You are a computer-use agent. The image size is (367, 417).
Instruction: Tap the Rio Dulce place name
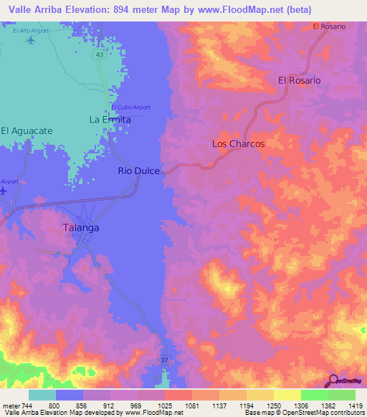[138, 171]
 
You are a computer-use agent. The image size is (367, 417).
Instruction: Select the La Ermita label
[110, 120]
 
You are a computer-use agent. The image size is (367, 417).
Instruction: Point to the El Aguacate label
[27, 131]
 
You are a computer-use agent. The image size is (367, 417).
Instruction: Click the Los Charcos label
[239, 143]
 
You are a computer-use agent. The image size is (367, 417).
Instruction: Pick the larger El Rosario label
[300, 80]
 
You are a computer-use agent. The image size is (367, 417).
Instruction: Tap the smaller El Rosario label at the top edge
[329, 27]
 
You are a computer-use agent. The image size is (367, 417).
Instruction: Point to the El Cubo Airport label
[130, 107]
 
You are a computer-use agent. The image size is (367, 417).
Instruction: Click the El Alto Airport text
[31, 31]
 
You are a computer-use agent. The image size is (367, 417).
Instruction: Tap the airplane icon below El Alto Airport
[30, 40]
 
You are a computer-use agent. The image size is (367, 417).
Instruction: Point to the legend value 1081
[191, 405]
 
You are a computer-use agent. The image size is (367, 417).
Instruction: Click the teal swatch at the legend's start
[42, 395]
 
